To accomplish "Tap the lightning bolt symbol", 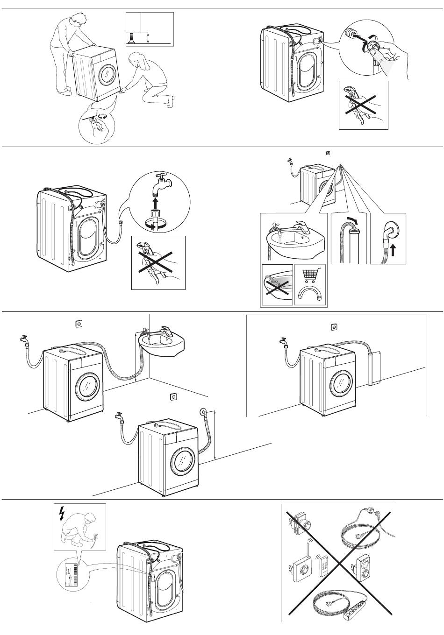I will point(61,514).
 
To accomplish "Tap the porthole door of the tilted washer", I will point(109,74).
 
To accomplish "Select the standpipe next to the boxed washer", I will point(372,368).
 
